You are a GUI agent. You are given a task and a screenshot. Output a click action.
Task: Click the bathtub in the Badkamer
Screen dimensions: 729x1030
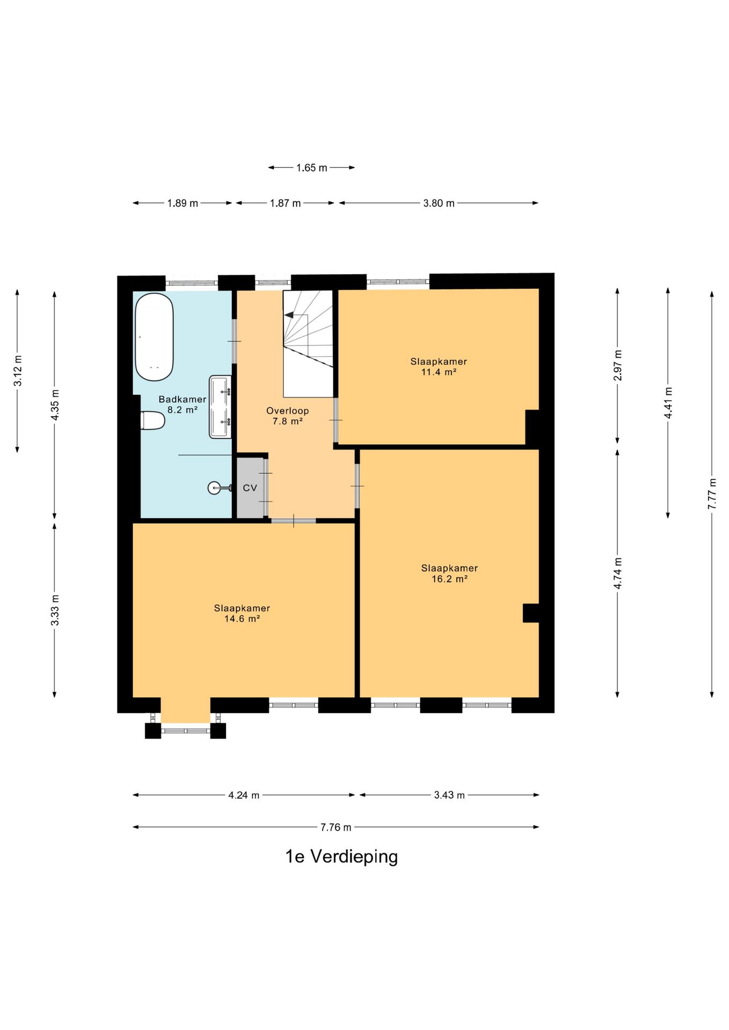[x=154, y=337]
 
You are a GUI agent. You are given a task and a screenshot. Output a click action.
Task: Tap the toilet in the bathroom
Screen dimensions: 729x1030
[x=152, y=421]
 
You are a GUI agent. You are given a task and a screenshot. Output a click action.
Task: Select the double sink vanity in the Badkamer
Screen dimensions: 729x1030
[x=220, y=407]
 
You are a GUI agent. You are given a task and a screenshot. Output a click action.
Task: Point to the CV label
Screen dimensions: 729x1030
[x=250, y=488]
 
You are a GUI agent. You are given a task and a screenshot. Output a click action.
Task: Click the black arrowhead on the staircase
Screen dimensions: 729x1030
[x=289, y=315]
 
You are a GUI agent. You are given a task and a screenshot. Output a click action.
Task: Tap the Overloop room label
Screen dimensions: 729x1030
[x=288, y=411]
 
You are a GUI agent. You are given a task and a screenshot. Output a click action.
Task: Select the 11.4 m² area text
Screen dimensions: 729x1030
[x=439, y=372]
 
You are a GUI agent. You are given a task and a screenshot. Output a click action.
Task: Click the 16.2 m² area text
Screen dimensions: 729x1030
[x=449, y=579]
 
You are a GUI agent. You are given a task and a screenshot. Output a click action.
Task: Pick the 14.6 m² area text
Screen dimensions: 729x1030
[x=242, y=619]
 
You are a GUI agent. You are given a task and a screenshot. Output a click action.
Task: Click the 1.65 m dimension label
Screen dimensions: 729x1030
[x=311, y=168]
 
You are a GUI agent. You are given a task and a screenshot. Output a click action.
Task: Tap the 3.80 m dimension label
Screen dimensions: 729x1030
[x=439, y=203]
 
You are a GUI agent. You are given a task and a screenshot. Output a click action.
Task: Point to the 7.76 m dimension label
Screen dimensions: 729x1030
[x=336, y=827]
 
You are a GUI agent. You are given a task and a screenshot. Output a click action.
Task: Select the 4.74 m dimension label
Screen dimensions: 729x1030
[x=618, y=573]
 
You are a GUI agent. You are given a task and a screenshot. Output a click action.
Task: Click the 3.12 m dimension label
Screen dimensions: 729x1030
[x=18, y=371]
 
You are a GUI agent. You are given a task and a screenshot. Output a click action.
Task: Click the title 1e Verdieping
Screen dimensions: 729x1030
[x=341, y=857]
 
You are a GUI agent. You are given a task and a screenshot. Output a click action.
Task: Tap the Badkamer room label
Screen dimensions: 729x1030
[x=183, y=400]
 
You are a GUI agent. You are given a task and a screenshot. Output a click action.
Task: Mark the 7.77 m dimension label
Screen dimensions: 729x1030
[x=712, y=494]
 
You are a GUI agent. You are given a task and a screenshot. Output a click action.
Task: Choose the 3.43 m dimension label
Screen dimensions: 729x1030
[x=449, y=795]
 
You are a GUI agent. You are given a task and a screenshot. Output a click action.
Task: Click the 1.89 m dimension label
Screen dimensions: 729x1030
[x=183, y=203]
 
